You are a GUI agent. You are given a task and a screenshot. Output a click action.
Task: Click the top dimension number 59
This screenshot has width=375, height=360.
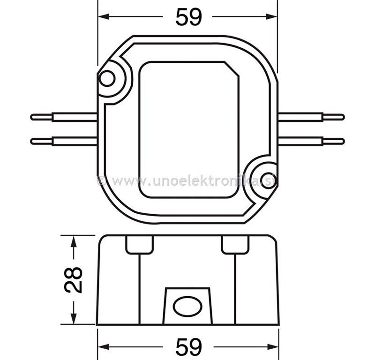[x=189, y=17]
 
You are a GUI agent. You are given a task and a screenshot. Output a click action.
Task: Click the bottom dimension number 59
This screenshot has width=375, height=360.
[x=189, y=346]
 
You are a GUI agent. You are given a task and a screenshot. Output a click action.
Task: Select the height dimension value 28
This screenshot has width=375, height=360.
[x=74, y=280]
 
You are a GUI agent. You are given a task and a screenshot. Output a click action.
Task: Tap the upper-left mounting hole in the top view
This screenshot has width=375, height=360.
[x=107, y=78]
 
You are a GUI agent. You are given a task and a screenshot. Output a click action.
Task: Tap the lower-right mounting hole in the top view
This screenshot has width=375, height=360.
[x=268, y=180]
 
